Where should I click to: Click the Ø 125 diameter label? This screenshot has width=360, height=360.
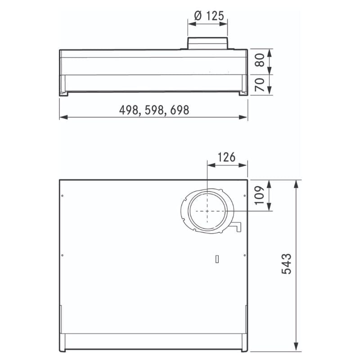tap(209, 16)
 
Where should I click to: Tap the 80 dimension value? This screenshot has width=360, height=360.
tap(260, 60)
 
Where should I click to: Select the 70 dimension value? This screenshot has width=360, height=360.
tap(260, 85)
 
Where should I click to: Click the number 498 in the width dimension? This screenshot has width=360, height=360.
tap(129, 110)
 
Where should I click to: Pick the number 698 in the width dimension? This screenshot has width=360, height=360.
tap(180, 110)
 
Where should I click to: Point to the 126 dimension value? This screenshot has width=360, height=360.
tap(226, 157)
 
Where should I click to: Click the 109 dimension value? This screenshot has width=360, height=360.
tap(260, 195)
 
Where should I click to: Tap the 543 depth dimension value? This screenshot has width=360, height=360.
tap(287, 264)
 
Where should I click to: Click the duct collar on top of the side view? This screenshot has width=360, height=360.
tap(208, 43)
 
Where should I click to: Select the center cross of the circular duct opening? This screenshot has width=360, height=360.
tap(207, 211)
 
